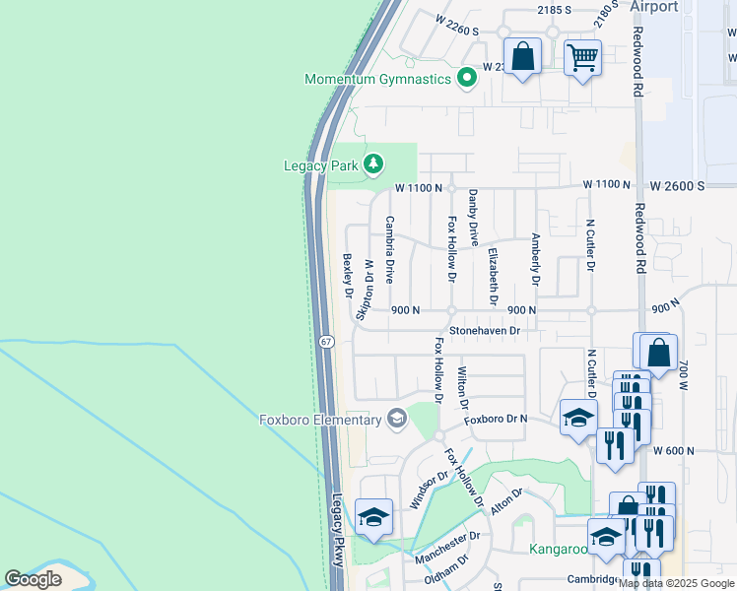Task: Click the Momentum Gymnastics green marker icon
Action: [467, 79]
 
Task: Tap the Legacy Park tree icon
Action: [372, 164]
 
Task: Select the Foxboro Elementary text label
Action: [320, 421]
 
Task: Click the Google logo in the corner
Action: [33, 578]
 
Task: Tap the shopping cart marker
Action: [582, 58]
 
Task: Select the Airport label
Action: [654, 7]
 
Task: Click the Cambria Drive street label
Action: [389, 250]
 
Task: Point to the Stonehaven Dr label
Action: [484, 331]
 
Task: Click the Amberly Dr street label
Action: [535, 259]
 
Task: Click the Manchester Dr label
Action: [446, 548]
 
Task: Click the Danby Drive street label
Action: [473, 218]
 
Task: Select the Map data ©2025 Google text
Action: [676, 583]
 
